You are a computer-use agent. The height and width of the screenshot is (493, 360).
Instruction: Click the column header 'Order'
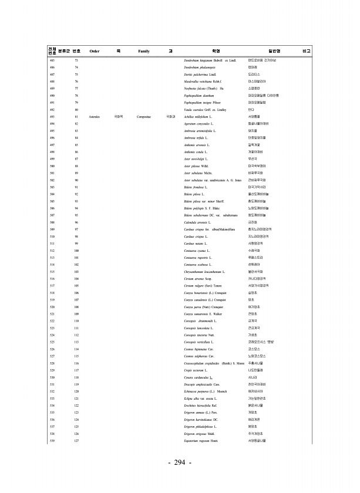click(94, 51)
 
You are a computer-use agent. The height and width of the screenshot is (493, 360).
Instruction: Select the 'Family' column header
click(144, 51)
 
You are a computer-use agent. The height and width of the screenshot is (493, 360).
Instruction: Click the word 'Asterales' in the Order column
click(95, 117)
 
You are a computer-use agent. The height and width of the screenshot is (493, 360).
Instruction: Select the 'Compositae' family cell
click(144, 117)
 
